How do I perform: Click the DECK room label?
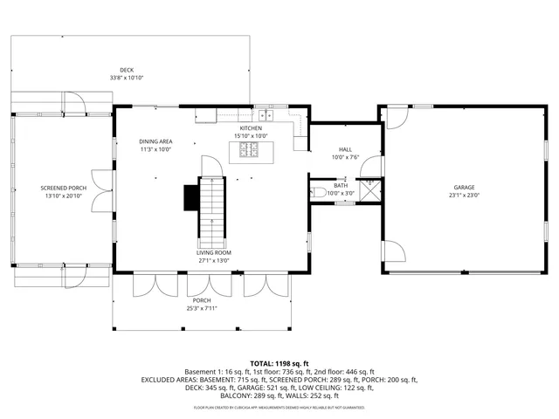pyautogui.click(x=127, y=70)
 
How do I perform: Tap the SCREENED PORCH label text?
pyautogui.click(x=63, y=188)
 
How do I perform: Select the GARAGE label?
pyautogui.click(x=463, y=188)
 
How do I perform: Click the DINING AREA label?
pyautogui.click(x=155, y=141)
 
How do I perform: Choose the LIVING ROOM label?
pyautogui.click(x=213, y=252)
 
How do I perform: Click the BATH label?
pyautogui.click(x=341, y=185)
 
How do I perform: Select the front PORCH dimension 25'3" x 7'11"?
pyautogui.click(x=202, y=308)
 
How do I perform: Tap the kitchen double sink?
pyautogui.click(x=265, y=114)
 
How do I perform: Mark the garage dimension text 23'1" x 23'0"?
pyautogui.click(x=463, y=196)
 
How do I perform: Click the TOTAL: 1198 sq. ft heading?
pyautogui.click(x=279, y=363)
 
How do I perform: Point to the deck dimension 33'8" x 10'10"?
pyautogui.click(x=127, y=78)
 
